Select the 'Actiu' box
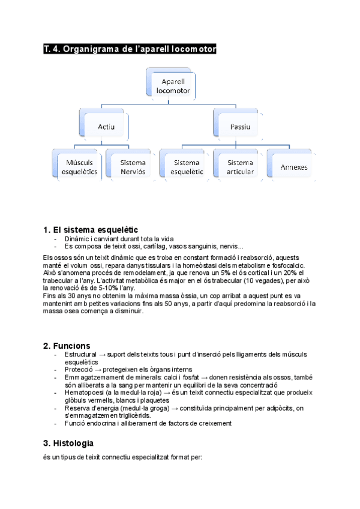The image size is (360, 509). point(106,127)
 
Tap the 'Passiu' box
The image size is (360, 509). point(240,127)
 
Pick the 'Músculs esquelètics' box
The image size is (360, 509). point(79,167)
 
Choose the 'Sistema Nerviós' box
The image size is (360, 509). point(133,167)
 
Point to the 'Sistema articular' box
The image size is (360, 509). point(240,167)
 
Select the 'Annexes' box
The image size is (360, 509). point(293,167)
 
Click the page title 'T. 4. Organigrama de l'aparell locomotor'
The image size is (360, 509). point(129,49)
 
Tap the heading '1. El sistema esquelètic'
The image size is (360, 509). point(91,229)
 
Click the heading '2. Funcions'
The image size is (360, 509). point(67,346)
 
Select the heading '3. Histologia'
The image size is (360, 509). point(68,444)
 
